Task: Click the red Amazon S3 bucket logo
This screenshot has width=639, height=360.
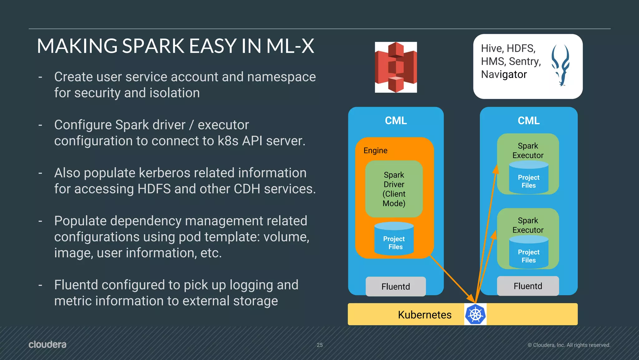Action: point(396,67)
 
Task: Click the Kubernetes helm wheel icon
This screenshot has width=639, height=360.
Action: point(475,314)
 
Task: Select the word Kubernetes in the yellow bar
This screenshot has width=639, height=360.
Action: point(424,315)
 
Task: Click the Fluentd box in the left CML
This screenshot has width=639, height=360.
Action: point(396,286)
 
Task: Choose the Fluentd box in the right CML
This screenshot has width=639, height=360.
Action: point(528,286)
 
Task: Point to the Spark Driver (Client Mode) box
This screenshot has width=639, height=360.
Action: point(394,189)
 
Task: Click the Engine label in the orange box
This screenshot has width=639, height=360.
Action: point(375,150)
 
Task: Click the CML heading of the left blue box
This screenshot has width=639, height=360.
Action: point(396,121)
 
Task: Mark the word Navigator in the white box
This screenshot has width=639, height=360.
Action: point(504,75)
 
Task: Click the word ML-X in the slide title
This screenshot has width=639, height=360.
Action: point(290,46)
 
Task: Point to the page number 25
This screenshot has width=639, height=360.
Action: point(319,345)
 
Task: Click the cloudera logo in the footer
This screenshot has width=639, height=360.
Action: point(47,344)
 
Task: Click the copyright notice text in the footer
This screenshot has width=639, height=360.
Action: point(569,345)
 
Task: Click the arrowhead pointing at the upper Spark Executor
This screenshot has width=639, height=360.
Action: point(496,169)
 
